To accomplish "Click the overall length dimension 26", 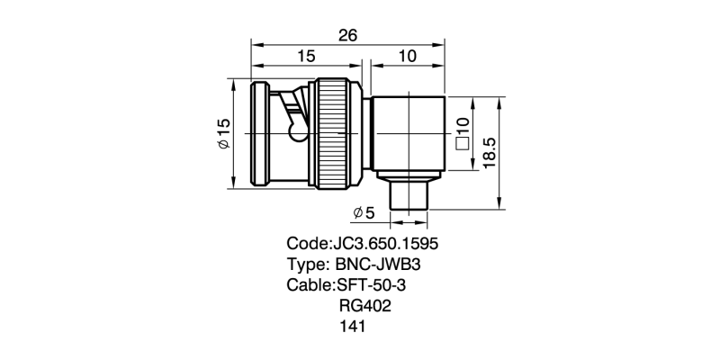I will coord(348,35).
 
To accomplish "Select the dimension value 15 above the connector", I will coord(306,57).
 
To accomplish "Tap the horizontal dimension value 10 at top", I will coord(407,57).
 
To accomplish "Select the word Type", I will coord(306,265).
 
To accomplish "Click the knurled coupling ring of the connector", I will coord(336,134).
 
